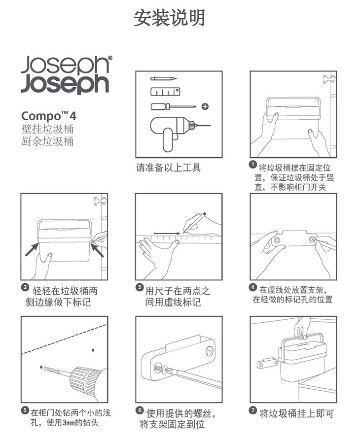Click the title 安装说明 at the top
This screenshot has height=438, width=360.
pyautogui.click(x=169, y=18)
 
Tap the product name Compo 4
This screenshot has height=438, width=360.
pyautogui.click(x=49, y=116)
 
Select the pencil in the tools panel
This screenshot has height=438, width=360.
pyautogui.click(x=164, y=78)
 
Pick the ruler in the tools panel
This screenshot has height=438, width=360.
pyautogui.click(x=165, y=92)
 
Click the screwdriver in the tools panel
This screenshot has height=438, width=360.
pyautogui.click(x=173, y=106)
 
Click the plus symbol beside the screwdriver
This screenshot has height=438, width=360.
pyautogui.click(x=206, y=106)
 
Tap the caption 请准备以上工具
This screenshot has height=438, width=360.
pyautogui.click(x=168, y=168)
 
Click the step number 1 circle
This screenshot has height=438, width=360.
pyautogui.click(x=252, y=165)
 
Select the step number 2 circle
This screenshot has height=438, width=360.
pyautogui.click(x=25, y=288)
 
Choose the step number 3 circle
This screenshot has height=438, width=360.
pyautogui.click(x=140, y=287)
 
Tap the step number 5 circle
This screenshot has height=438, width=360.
pyautogui.click(x=25, y=410)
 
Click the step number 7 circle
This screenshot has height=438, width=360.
pyautogui.click(x=252, y=410)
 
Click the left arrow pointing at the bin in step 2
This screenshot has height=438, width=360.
pyautogui.click(x=32, y=249)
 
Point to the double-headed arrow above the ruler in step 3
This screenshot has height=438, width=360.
pyautogui.click(x=167, y=233)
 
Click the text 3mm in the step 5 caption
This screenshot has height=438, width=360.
pyautogui.click(x=68, y=423)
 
